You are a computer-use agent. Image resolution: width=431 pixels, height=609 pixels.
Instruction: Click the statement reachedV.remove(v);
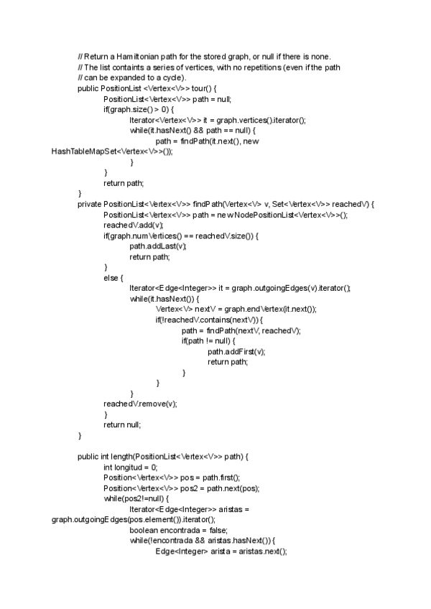[139, 404]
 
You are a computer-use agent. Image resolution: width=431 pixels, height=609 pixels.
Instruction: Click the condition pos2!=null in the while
[146, 498]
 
